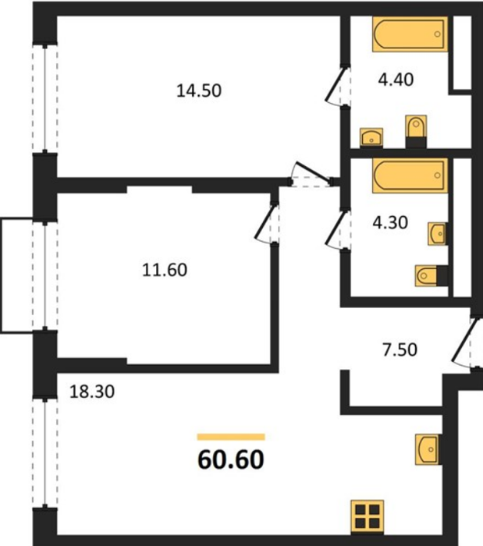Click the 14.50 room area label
click(x=199, y=90)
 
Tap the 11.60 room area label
click(x=165, y=270)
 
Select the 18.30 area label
click(x=92, y=392)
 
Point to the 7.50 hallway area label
click(x=400, y=349)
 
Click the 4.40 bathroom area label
click(x=396, y=80)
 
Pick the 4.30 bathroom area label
click(x=390, y=222)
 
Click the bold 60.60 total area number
click(x=231, y=459)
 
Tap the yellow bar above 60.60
click(x=231, y=437)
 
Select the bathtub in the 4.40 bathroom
click(x=410, y=34)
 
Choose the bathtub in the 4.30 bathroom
click(x=410, y=175)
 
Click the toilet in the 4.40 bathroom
click(x=416, y=132)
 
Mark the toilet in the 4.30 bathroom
click(x=432, y=276)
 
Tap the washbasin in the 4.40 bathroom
click(x=371, y=137)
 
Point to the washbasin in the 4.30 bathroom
click(x=438, y=233)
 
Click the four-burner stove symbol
click(x=368, y=516)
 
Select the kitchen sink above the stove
click(x=428, y=449)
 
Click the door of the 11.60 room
click(x=266, y=223)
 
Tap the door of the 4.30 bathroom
click(x=337, y=229)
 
